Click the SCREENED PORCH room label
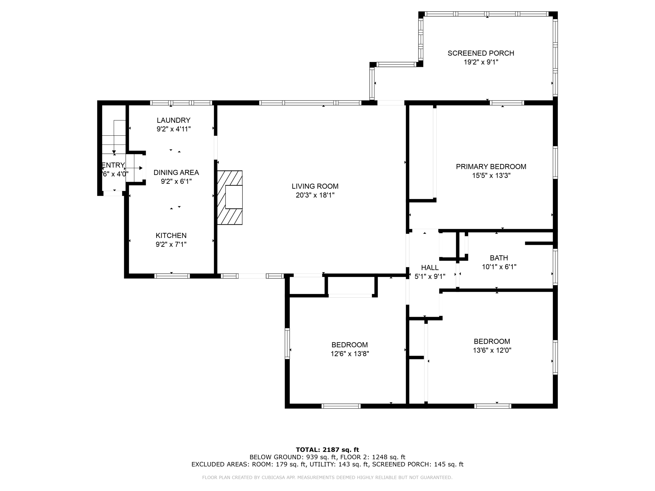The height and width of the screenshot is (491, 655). click(481, 53)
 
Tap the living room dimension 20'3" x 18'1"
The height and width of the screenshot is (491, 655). click(315, 195)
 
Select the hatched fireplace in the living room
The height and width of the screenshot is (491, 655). click(230, 197)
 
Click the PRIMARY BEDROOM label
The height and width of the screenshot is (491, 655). click(491, 166)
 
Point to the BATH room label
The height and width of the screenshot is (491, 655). click(499, 258)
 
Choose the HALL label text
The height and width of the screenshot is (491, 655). click(430, 268)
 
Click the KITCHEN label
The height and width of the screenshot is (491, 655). click(171, 235)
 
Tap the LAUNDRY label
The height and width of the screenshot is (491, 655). click(174, 120)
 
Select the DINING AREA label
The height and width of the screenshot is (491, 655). click(176, 172)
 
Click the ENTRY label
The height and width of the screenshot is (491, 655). click(113, 165)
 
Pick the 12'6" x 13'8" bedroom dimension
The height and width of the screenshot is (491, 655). click(350, 354)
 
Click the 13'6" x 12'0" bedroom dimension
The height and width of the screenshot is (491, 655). click(492, 350)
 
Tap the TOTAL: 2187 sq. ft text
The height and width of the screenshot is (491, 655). click(327, 450)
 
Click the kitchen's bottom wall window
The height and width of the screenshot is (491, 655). click(172, 276)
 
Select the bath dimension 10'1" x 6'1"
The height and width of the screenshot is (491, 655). click(499, 267)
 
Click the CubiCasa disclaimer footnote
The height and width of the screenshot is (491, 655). click(327, 477)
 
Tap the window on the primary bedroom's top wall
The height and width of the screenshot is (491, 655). click(507, 103)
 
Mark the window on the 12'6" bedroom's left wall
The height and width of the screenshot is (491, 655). click(287, 343)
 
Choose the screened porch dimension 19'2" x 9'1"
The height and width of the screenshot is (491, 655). click(481, 62)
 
